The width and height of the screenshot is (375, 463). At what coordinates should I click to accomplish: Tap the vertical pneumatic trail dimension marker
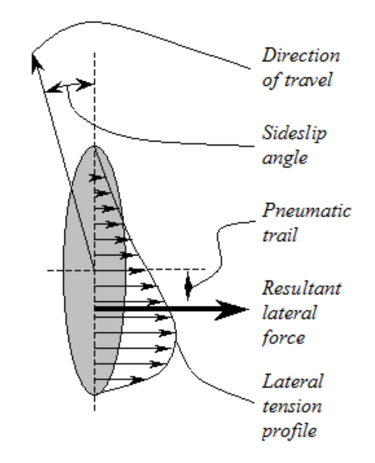(x=188, y=285)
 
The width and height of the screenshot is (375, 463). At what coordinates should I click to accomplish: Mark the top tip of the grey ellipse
(x=94, y=146)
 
